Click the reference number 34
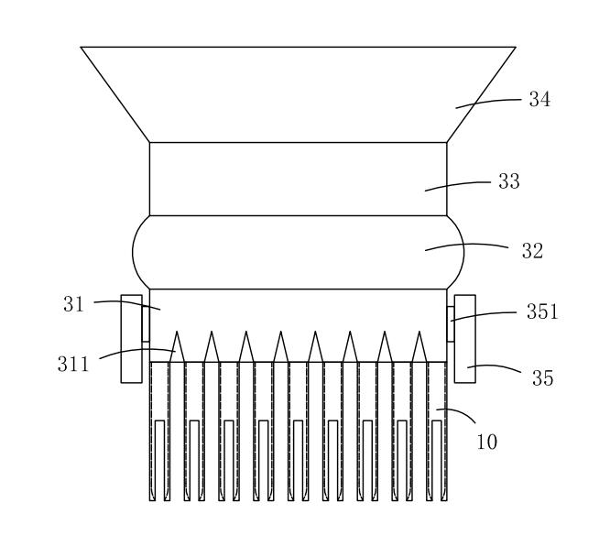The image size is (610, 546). pyautogui.click(x=539, y=100)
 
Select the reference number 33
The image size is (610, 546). pyautogui.click(x=509, y=181)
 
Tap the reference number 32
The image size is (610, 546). pyautogui.click(x=532, y=251)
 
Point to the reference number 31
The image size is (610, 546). pyautogui.click(x=74, y=304)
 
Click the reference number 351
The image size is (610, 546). pyautogui.click(x=542, y=311)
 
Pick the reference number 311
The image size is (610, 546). pyautogui.click(x=73, y=365)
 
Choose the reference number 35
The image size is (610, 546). pyautogui.click(x=543, y=377)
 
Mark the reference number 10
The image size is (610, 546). pyautogui.click(x=487, y=442)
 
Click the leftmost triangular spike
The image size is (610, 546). pyautogui.click(x=177, y=347)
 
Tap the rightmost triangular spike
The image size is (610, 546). pyautogui.click(x=419, y=347)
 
